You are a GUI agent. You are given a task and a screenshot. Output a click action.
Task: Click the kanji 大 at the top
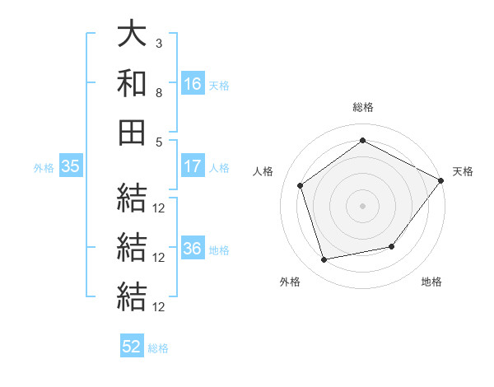[132, 33]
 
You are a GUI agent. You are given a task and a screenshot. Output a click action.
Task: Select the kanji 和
[132, 82]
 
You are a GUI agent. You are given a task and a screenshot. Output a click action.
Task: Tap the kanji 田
[132, 133]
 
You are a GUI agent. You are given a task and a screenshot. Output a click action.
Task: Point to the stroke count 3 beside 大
[159, 44]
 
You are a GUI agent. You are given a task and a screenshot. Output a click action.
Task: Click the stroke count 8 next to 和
[159, 93]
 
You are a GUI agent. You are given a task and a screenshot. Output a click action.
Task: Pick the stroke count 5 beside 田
[159, 142]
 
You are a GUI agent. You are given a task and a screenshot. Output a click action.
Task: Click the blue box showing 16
[193, 83]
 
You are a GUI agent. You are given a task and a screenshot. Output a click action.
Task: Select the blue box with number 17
[193, 166]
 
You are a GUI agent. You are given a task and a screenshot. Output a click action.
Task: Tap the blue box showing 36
[193, 247]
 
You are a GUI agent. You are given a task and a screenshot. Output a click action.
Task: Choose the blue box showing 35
[71, 166]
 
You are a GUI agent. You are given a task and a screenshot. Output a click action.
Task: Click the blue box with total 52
[132, 345]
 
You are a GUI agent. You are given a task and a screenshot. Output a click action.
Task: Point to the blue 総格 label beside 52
[158, 348]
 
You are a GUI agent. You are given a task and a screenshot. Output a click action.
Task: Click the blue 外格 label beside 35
[44, 168]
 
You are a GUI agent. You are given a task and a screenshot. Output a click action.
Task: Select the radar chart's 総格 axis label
[363, 107]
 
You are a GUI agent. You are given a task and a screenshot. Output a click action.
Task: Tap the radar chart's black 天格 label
[463, 171]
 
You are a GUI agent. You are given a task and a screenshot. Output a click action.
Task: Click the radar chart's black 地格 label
[431, 282]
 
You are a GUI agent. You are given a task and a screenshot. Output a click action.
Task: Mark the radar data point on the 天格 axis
[440, 180]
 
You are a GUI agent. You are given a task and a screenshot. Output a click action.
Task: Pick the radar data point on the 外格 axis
[324, 260]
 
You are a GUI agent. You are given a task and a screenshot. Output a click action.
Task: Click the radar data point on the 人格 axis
[300, 185]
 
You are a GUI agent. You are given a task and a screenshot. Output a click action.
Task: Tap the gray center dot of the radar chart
[362, 206]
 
